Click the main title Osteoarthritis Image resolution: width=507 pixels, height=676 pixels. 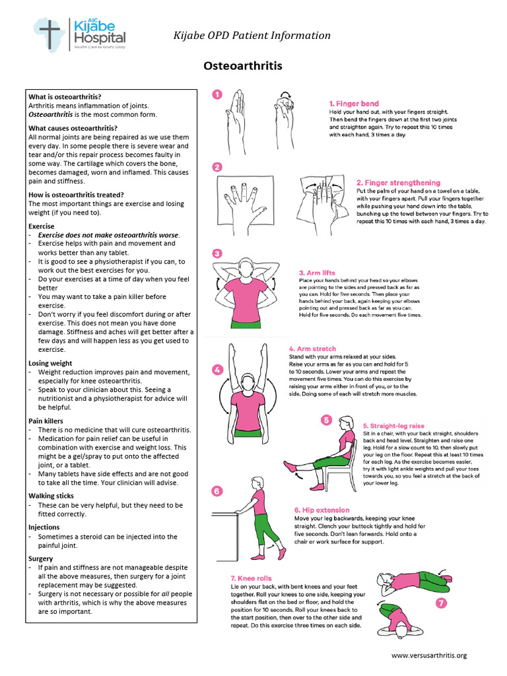tap(242, 66)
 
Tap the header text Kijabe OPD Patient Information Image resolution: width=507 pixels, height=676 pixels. tap(252, 36)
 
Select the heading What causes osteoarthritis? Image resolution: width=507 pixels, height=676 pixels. tap(73, 128)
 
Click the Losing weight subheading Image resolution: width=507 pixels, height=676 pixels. tap(50, 363)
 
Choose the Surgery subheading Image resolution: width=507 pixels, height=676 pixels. tap(41, 558)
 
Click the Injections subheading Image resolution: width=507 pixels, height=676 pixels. tap(44, 527)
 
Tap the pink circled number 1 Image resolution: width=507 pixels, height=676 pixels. tap(218, 95)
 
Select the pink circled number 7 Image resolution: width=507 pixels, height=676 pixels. tap(440, 603)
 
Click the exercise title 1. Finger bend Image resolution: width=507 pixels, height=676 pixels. tap(354, 104)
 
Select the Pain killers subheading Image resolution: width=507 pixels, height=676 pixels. tap(46, 421)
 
